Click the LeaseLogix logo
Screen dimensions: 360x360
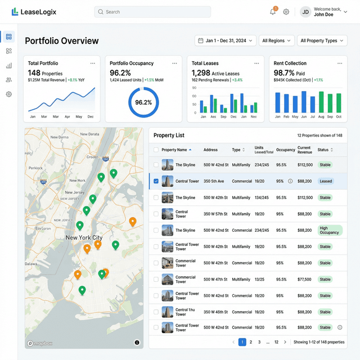34,12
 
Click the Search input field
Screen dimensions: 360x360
152,12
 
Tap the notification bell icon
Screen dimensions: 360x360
273,12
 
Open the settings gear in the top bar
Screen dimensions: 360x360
286,12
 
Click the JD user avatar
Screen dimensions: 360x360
305,12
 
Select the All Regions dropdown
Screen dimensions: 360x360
277,40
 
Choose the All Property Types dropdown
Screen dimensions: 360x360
322,40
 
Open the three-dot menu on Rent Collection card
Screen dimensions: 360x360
339,64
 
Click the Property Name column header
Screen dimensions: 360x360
176,150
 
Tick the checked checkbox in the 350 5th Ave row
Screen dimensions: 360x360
156,181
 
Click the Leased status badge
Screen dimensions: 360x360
326,181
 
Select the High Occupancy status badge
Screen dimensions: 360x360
329,230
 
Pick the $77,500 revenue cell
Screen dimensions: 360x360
305,279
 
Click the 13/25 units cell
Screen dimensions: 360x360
259,279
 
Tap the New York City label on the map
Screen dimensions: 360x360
84,237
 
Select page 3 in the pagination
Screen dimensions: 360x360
259,342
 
